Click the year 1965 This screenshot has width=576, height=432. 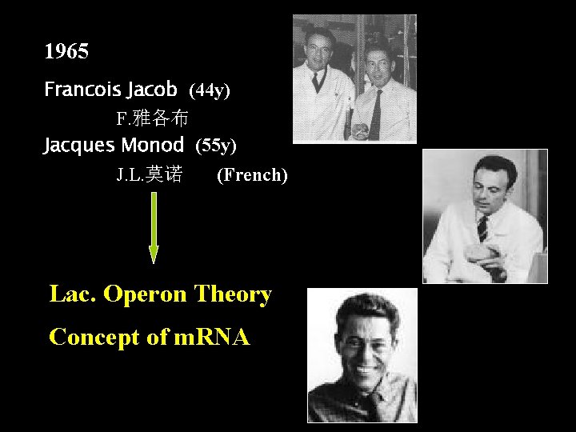pyautogui.click(x=66, y=53)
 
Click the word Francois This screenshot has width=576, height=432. pyautogui.click(x=77, y=89)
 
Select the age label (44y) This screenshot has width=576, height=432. pyautogui.click(x=210, y=91)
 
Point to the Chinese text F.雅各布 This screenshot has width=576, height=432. pyautogui.click(x=152, y=119)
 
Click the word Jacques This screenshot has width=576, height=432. pyautogui.click(x=79, y=145)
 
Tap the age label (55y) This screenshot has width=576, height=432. pyautogui.click(x=216, y=146)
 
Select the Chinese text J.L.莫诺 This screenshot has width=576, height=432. pyautogui.click(x=149, y=174)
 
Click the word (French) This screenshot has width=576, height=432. pyautogui.click(x=252, y=174)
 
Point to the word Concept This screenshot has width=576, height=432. pyautogui.click(x=94, y=337)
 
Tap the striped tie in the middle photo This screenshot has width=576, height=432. pyautogui.click(x=482, y=228)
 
